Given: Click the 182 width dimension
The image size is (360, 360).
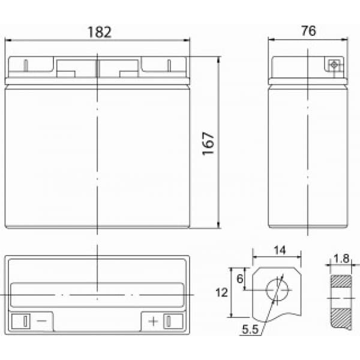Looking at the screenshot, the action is click(100, 32).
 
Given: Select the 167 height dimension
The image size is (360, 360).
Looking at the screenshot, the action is click(208, 143).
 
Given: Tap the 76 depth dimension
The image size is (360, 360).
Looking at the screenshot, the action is click(308, 31).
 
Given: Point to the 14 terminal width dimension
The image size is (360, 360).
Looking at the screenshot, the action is click(280, 250).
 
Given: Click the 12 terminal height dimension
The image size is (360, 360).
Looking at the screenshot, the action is click(221, 293).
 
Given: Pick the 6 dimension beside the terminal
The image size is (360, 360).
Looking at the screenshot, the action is click(240, 279).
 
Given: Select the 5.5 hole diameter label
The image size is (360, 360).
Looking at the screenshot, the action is click(250, 329).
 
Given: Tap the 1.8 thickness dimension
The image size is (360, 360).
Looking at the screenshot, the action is click(341, 258).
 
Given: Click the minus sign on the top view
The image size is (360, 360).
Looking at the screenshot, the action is click(41, 320).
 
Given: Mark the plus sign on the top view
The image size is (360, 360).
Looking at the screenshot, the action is click(154, 321).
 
